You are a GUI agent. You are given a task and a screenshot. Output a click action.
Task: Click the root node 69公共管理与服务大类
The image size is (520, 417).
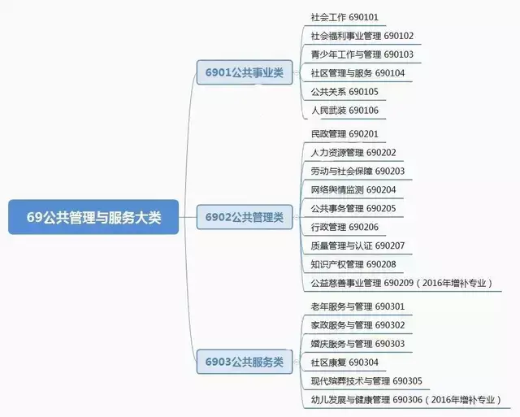tap(93, 217)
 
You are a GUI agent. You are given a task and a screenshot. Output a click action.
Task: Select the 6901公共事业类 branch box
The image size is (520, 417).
tap(244, 73)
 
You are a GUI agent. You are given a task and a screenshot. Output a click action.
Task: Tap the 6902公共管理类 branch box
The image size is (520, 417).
tap(244, 217)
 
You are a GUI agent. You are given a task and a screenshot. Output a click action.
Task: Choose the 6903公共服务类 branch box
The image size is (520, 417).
tap(244, 361)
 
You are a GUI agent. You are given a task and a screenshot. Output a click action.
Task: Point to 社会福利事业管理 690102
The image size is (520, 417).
tap(362, 36)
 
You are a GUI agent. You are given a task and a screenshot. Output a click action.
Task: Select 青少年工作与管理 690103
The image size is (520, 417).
tap(362, 54)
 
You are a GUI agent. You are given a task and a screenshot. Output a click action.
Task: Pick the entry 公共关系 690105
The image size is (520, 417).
tap(344, 92)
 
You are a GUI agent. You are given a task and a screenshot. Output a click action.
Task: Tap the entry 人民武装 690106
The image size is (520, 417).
tap(344, 111)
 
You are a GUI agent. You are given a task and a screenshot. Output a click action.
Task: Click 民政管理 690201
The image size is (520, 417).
tap(344, 134)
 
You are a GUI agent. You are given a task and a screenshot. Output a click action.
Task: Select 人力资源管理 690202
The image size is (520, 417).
tap(353, 153)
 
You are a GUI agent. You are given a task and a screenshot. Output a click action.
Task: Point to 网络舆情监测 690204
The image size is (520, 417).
tap(353, 190)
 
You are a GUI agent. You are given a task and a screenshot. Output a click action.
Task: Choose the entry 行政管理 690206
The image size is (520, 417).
tap(344, 227)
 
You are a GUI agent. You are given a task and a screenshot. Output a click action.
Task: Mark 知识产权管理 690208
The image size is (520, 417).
tap(353, 264)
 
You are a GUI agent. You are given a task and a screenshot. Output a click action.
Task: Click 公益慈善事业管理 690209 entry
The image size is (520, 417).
tap(401, 283)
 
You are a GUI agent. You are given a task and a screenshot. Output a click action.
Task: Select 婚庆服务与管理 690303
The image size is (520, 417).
tap(357, 344)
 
